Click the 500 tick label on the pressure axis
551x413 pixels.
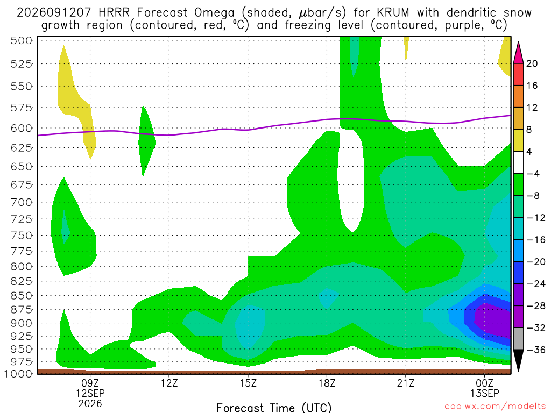(x=21, y=40)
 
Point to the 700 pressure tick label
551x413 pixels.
(x=21, y=202)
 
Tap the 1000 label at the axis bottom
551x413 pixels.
(x=18, y=374)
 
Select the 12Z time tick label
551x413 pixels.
(x=169, y=383)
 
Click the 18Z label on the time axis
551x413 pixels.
(x=327, y=383)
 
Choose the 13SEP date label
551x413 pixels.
(x=485, y=393)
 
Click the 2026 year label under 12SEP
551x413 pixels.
(x=90, y=404)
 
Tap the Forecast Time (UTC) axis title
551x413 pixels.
(x=274, y=408)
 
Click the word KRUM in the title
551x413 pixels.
(x=393, y=13)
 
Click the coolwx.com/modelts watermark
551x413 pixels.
(x=495, y=407)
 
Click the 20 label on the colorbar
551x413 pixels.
(x=532, y=63)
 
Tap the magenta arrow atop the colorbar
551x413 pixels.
(x=518, y=53)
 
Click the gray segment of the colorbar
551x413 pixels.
(x=518, y=339)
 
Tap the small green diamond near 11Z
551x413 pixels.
(x=146, y=140)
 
